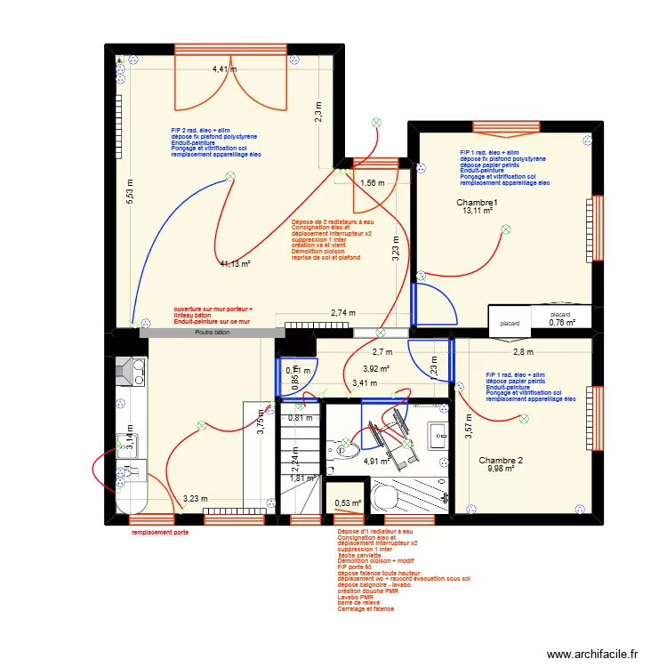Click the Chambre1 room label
pyautogui.click(x=477, y=202)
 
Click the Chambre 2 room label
pyautogui.click(x=501, y=460)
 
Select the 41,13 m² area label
pyautogui.click(x=236, y=263)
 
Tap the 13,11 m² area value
pyautogui.click(x=478, y=212)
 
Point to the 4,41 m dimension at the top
pyautogui.click(x=224, y=68)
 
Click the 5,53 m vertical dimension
pyautogui.click(x=130, y=192)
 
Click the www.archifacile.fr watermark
pyautogui.click(x=593, y=654)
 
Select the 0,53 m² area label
pyautogui.click(x=348, y=503)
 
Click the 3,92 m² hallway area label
pyautogui.click(x=377, y=368)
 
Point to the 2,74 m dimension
pyautogui.click(x=342, y=313)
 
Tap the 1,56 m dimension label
pyautogui.click(x=371, y=183)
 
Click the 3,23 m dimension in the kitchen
pyautogui.click(x=196, y=500)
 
